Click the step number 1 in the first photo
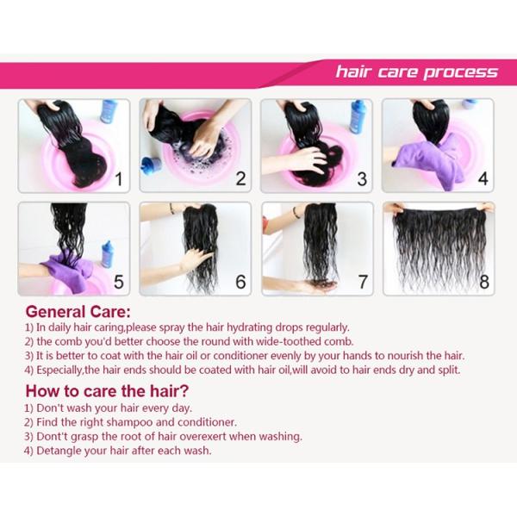(119, 179)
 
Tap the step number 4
(483, 179)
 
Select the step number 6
(240, 282)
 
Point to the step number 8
(484, 282)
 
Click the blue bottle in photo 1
(109, 111)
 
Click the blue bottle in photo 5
(107, 254)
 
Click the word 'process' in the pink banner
(460, 72)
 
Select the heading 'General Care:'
(78, 312)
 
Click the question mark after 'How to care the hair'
(184, 391)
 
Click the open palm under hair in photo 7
(318, 286)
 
